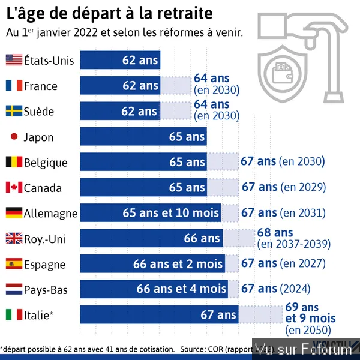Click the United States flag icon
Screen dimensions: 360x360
click(x=14, y=60)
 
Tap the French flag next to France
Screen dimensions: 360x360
click(x=14, y=86)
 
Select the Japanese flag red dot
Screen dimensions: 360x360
click(x=14, y=137)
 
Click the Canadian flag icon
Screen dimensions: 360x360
click(x=14, y=188)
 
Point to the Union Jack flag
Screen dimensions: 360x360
click(x=14, y=239)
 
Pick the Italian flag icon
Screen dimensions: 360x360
click(x=14, y=314)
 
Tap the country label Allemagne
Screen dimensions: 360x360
click(x=50, y=213)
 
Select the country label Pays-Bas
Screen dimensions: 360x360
click(x=46, y=290)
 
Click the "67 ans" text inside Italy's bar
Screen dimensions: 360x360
click(x=218, y=314)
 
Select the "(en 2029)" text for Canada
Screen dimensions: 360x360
click(x=304, y=188)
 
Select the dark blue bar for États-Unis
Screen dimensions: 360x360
click(x=120, y=60)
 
